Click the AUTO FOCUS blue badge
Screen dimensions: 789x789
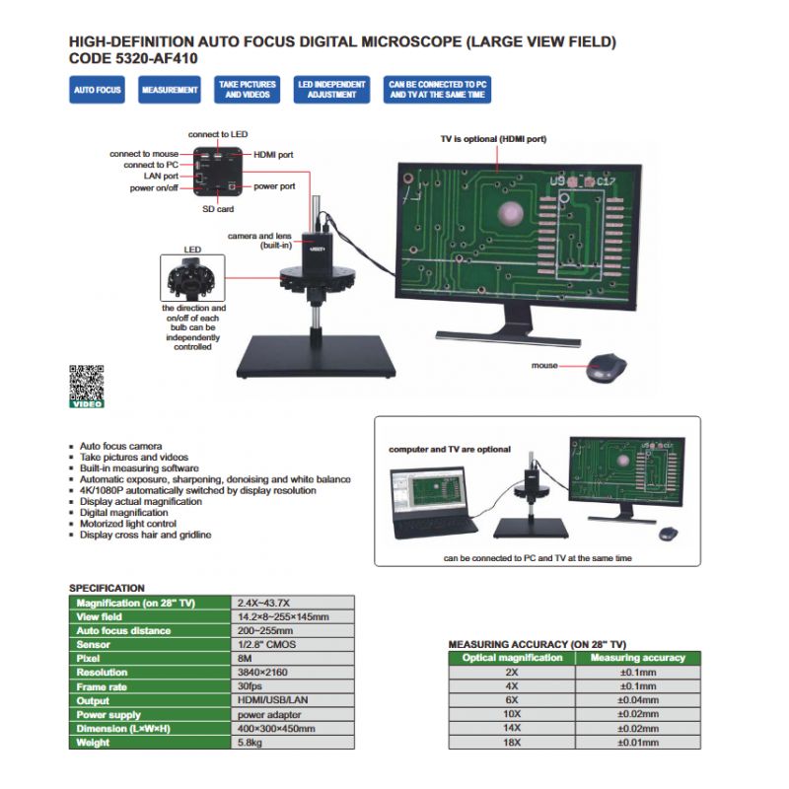[97, 90]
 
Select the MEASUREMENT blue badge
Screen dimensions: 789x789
[170, 90]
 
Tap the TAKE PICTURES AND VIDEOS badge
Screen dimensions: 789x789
[247, 90]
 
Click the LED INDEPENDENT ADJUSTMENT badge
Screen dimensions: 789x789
[331, 90]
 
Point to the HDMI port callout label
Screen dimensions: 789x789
[273, 155]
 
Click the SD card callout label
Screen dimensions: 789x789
[217, 209]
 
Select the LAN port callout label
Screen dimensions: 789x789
[159, 176]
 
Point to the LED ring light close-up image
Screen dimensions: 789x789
[192, 278]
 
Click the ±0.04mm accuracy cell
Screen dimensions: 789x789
[637, 699]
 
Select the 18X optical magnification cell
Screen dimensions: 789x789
[512, 742]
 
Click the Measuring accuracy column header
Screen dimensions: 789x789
[637, 657]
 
